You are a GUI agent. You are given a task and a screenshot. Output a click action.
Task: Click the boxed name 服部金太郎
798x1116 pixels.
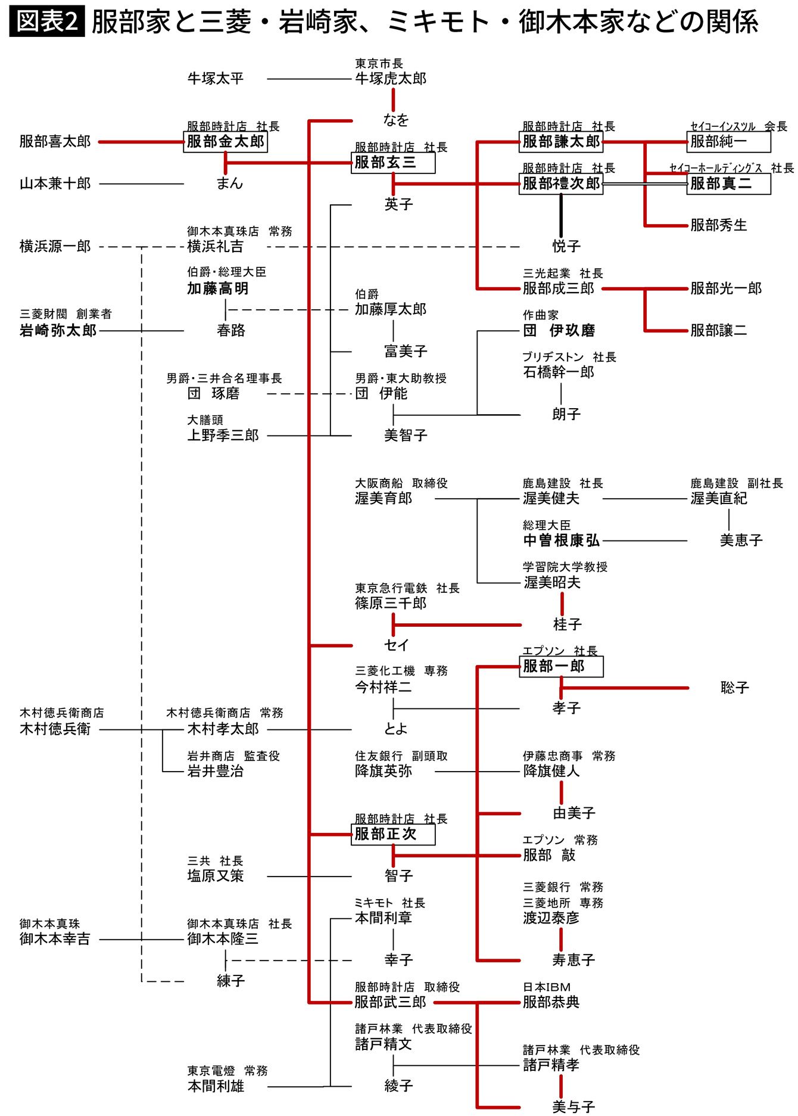(225, 142)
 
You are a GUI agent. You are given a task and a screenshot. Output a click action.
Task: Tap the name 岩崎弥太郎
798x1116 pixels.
(58, 331)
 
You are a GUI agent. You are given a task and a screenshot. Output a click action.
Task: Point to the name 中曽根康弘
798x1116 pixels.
(561, 540)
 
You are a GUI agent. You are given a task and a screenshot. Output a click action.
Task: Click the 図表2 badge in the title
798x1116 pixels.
(47, 22)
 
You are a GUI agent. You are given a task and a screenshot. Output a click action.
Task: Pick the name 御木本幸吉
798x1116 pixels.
(55, 939)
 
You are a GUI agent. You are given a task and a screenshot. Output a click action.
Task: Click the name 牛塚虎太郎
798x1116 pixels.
(391, 79)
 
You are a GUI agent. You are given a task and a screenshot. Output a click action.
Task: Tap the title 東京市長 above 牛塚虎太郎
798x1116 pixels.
(379, 64)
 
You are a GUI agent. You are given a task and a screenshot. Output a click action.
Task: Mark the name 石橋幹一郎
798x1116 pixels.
(559, 372)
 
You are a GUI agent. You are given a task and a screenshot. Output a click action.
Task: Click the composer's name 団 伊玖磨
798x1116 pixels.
(559, 331)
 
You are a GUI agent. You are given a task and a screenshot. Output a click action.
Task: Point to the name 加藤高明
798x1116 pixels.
(218, 289)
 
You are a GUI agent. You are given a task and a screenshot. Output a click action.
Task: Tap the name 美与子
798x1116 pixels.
(573, 1106)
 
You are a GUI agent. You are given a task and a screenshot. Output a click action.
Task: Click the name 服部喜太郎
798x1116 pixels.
(55, 142)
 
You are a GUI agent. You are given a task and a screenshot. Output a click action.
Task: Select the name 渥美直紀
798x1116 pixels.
(719, 499)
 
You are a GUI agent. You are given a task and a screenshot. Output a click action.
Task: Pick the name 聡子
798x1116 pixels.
(734, 688)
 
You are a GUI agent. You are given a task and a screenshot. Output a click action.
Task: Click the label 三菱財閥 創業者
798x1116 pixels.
(66, 314)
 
